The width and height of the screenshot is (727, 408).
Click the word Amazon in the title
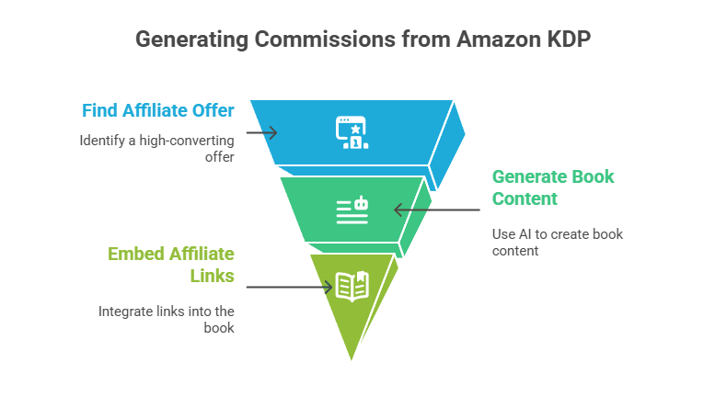499,40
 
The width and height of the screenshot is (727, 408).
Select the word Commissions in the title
326,40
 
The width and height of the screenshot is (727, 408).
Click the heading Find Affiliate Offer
158,110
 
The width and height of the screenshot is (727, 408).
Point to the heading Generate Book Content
553,187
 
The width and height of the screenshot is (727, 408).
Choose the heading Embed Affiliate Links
171,265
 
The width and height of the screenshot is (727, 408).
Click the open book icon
352,287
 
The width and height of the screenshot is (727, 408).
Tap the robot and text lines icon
352,210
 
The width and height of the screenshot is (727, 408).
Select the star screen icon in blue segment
352,132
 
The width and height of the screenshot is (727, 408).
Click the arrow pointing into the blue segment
262,133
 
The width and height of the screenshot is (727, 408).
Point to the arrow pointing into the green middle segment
437,210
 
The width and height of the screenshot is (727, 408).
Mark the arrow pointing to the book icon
289,287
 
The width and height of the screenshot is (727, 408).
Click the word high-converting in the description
187,141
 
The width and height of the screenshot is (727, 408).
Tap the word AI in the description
525,234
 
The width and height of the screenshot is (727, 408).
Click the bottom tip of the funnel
352,359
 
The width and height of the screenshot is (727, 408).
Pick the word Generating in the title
192,40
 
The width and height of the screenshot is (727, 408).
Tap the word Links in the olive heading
212,276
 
